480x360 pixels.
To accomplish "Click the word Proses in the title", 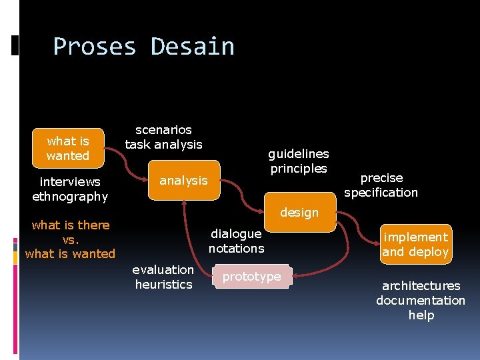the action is pos(95,47).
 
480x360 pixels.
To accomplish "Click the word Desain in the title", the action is pos(193,47).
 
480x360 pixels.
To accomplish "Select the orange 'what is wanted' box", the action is pos(68,148).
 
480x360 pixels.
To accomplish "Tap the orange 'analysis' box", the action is pos(183,180).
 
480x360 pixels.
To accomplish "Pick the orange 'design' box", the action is pos(299,213).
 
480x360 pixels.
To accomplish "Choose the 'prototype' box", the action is pos(251,277).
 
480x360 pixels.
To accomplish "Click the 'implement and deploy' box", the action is pos(415,245).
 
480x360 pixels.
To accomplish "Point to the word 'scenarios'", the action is pos(163,129).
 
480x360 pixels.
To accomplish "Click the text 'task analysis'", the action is pos(163,144).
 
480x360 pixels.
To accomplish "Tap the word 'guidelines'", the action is pos(299,153).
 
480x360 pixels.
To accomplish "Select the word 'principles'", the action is pos(299,168).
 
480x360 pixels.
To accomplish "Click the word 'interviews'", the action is pos(70,181).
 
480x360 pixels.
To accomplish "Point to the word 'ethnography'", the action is pos(70,196).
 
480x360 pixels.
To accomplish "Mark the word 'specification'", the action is pos(381,193).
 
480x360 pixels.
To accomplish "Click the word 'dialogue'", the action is pos(236,233).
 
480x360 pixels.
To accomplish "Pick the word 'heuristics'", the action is pos(163,284).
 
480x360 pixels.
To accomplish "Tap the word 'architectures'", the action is pos(421,285).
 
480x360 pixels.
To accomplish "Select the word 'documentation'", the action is pos(421,300).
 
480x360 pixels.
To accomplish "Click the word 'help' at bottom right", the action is pos(421,315).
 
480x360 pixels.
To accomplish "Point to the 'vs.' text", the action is pos(70,239).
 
